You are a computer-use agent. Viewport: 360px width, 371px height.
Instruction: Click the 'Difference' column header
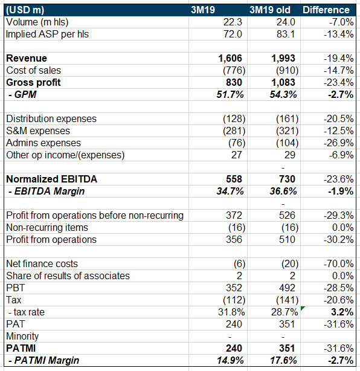click(326, 10)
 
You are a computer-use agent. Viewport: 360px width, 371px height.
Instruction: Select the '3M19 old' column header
click(270, 10)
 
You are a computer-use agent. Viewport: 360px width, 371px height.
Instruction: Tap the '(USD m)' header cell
click(25, 10)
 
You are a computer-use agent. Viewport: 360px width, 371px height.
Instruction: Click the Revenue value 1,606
click(230, 58)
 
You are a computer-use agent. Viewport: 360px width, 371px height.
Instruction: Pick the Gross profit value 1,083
click(283, 82)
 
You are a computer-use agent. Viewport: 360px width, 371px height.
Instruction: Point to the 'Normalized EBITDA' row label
click(51, 179)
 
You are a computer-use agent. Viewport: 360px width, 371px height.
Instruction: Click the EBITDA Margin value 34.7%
click(230, 191)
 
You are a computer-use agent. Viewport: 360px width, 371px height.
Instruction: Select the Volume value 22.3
click(233, 22)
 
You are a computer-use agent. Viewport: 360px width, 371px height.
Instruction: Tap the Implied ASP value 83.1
click(286, 34)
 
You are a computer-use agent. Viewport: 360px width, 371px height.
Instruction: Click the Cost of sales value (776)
click(234, 71)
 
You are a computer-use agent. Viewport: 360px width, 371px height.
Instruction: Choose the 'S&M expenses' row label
click(38, 131)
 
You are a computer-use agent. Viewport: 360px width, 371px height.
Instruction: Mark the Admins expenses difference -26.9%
click(339, 143)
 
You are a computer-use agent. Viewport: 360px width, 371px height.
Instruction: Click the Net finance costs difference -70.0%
click(339, 264)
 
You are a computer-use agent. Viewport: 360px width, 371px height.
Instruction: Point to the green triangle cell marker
click(302, 308)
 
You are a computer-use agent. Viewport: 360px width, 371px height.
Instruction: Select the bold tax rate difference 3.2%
click(342, 312)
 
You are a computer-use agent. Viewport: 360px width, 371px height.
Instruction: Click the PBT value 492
click(287, 288)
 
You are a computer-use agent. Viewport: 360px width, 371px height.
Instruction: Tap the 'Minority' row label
click(22, 336)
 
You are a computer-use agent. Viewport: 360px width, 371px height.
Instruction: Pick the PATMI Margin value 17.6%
click(283, 360)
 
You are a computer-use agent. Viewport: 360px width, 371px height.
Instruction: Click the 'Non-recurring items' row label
click(47, 227)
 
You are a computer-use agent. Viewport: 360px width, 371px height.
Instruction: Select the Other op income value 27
click(237, 155)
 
